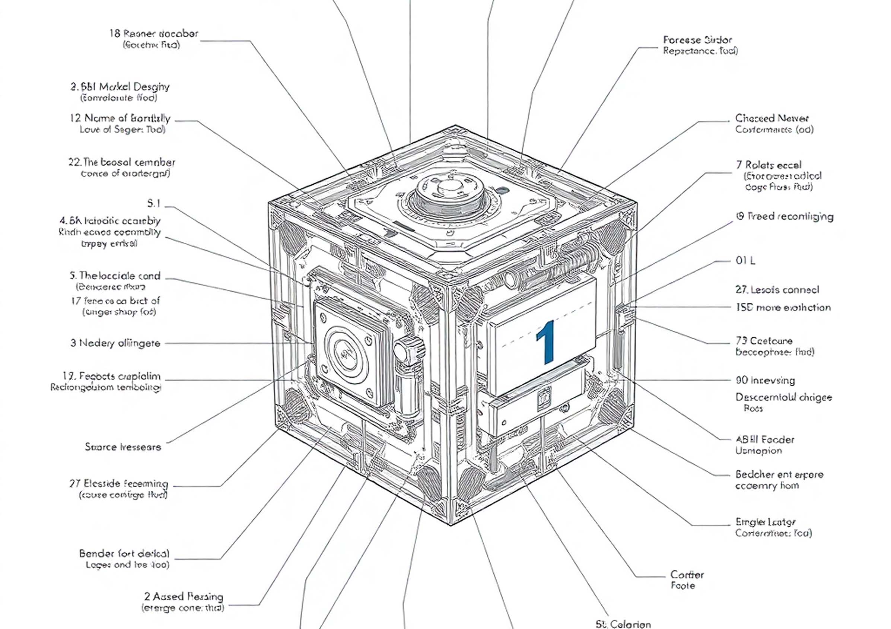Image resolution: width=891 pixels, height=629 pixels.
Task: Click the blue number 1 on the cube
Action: pyautogui.click(x=546, y=342)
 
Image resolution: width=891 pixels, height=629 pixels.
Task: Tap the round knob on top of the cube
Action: pyautogui.click(x=449, y=188)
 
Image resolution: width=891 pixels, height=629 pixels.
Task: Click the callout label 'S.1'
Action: pyautogui.click(x=154, y=203)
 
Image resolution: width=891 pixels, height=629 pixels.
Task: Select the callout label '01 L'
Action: pyautogui.click(x=745, y=261)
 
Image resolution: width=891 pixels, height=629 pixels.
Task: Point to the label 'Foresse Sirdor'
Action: pyautogui.click(x=697, y=40)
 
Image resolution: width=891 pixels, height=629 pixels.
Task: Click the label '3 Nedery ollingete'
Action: pyautogui.click(x=115, y=343)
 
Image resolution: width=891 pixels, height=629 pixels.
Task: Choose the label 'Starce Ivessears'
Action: pyautogui.click(x=123, y=447)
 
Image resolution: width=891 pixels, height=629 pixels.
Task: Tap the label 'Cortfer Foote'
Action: pyautogui.click(x=687, y=580)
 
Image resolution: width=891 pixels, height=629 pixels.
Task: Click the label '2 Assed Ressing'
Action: pyautogui.click(x=184, y=596)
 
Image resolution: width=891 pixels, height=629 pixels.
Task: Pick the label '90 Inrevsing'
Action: pyautogui.click(x=765, y=380)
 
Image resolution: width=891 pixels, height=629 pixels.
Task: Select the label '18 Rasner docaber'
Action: pyautogui.click(x=154, y=34)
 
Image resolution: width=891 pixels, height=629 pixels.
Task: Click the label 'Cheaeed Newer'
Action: pyautogui.click(x=771, y=118)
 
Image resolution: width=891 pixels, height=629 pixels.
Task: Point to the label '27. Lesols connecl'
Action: pyautogui.click(x=777, y=290)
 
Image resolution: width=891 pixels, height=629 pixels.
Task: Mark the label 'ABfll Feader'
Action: pyautogui.click(x=764, y=440)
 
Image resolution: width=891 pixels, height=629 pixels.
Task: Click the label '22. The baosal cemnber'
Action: pyautogui.click(x=122, y=162)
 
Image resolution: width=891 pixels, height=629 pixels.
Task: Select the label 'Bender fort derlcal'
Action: pyautogui.click(x=124, y=553)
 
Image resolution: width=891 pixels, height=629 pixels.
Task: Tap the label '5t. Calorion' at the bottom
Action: pyautogui.click(x=623, y=624)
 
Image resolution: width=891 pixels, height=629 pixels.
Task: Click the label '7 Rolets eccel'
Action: pyautogui.click(x=769, y=165)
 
